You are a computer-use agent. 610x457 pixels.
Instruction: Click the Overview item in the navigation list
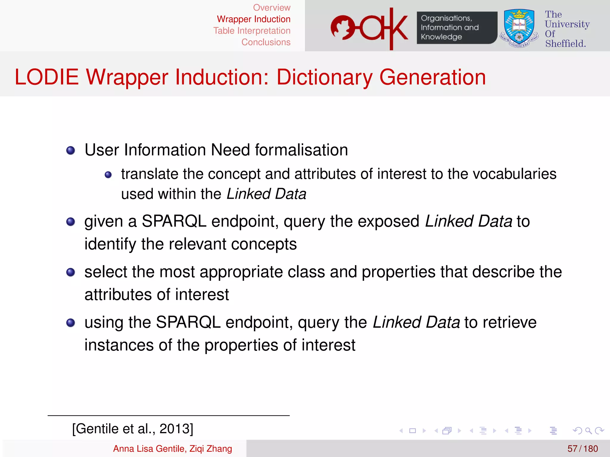(x=272, y=8)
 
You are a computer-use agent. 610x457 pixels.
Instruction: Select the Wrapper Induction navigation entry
(x=253, y=19)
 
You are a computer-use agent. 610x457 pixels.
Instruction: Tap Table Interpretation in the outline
(x=252, y=31)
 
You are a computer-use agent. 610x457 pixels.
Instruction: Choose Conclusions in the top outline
(x=266, y=42)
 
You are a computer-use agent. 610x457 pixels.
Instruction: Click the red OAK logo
(x=369, y=29)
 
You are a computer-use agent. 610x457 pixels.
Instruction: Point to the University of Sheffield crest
(x=519, y=29)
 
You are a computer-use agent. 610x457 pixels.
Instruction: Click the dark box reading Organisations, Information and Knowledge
(x=456, y=28)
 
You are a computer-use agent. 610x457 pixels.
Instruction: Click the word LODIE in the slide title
(x=47, y=77)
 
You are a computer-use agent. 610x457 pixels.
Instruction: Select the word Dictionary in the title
(x=324, y=77)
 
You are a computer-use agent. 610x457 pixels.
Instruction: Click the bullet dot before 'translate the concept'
(x=108, y=175)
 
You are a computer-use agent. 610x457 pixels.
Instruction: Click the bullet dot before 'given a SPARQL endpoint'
(x=71, y=222)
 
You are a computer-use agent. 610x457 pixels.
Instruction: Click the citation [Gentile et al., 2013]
(x=133, y=429)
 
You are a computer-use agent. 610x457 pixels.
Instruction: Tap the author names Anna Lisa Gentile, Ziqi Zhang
(x=172, y=449)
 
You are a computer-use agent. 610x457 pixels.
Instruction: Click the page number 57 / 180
(x=582, y=449)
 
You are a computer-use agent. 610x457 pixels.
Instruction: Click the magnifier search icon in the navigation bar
(x=588, y=431)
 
